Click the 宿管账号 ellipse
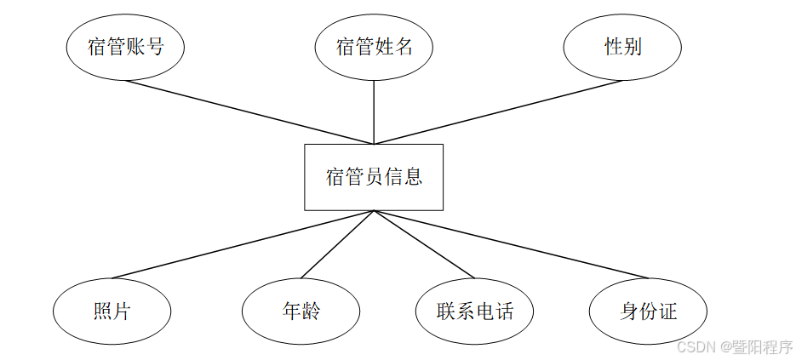click(125, 48)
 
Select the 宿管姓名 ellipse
click(374, 48)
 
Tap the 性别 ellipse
click(622, 48)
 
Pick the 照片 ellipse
click(112, 311)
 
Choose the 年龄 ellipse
click(301, 311)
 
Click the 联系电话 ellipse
click(475, 311)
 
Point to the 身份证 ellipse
click(649, 311)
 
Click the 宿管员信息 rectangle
click(374, 177)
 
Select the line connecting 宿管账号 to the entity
click(249, 112)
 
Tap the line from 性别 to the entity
click(498, 112)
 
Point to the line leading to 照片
click(243, 244)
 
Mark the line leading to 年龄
click(337, 244)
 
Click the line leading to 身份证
click(511, 244)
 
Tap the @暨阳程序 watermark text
click(755, 346)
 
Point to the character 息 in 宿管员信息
click(413, 177)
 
